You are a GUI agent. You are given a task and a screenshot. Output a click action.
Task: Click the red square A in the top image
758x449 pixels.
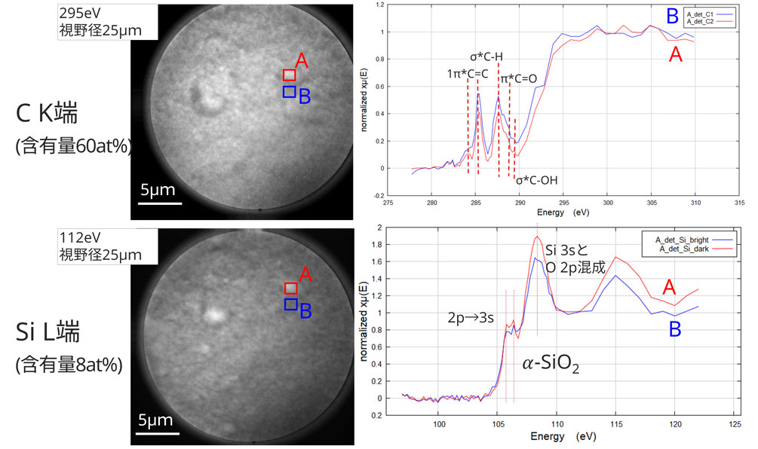289,75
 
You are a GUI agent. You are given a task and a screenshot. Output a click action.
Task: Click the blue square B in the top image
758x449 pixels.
289,92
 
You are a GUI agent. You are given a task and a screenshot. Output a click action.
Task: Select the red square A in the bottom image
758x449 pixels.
291,288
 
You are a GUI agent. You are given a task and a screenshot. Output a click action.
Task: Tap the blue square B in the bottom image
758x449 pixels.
290,304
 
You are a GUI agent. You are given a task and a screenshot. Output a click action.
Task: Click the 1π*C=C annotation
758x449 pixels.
468,73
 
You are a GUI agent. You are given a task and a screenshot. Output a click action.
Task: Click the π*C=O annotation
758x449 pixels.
520,79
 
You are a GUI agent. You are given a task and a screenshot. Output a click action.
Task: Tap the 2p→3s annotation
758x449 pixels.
470,318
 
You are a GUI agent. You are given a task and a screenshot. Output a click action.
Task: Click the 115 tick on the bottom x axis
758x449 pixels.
615,425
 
